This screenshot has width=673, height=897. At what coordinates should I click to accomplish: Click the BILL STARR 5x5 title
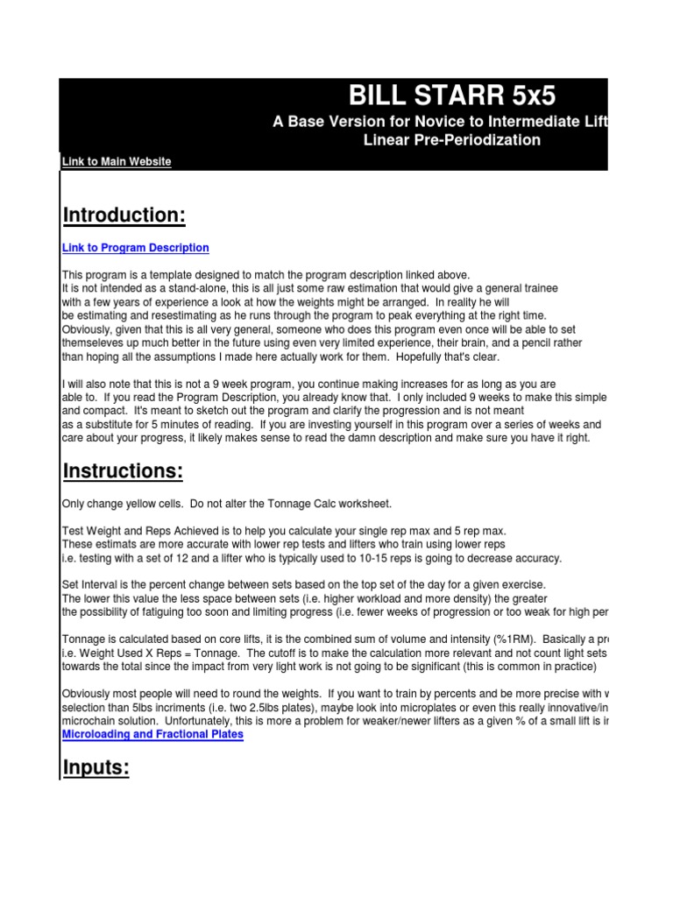point(452,95)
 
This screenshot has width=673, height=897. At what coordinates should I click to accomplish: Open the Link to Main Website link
point(117,161)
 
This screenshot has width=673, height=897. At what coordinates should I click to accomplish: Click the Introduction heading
point(124,215)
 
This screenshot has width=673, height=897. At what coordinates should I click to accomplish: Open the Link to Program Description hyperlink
point(136,248)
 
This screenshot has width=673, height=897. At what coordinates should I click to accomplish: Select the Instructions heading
point(123,471)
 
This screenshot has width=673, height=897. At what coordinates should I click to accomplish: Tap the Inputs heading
point(96,768)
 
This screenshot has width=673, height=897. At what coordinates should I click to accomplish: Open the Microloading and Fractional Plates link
point(152,734)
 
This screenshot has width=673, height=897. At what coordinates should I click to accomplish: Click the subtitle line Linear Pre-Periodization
point(452,140)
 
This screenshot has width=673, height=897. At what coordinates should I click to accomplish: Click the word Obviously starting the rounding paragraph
point(90,694)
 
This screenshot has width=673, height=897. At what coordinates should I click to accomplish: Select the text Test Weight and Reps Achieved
point(139,532)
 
